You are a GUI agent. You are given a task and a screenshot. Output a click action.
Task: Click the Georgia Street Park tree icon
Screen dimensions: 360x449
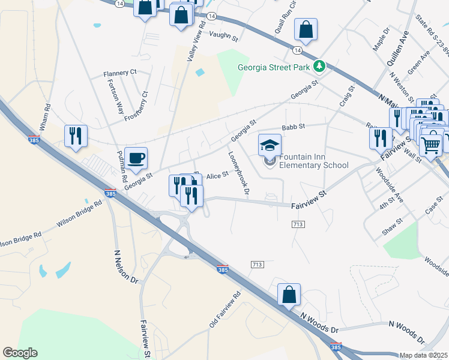pyautogui.click(x=320, y=67)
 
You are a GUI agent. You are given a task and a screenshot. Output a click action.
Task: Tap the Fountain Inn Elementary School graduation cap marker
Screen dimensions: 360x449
pyautogui.click(x=270, y=145)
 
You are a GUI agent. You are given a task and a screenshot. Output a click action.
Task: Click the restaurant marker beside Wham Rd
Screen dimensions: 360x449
pyautogui.click(x=76, y=136)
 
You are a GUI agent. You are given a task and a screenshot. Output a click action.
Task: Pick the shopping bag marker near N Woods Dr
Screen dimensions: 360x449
pyautogui.click(x=289, y=295)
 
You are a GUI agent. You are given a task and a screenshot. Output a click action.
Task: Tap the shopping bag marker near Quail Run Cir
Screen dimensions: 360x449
pyautogui.click(x=306, y=30)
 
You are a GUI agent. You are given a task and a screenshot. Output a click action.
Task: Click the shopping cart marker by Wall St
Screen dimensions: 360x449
pyautogui.click(x=430, y=144)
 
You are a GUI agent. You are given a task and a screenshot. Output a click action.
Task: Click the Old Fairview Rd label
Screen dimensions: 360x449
pyautogui.click(x=224, y=310)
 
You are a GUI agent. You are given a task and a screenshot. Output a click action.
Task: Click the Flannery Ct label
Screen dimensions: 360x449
pyautogui.click(x=120, y=73)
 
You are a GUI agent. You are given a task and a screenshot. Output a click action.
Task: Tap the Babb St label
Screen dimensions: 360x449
pyautogui.click(x=294, y=127)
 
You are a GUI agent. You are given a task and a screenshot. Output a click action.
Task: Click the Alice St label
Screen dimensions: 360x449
pyautogui.click(x=217, y=175)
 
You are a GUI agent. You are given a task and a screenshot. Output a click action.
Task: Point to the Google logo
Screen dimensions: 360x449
pyautogui.click(x=19, y=353)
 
